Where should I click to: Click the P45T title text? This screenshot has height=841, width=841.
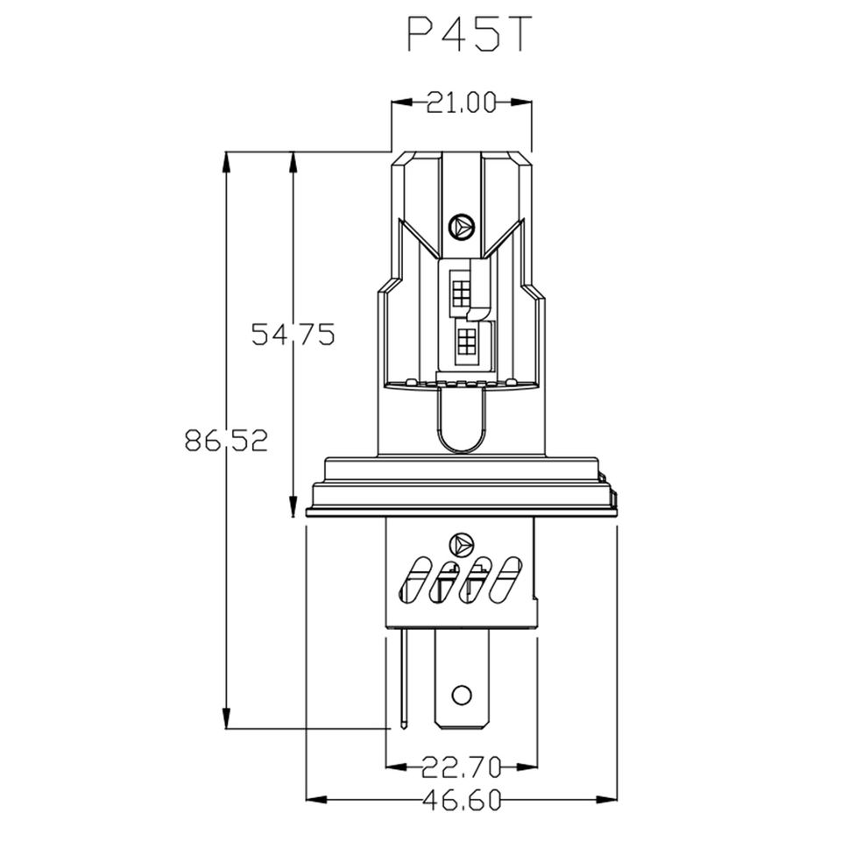click(x=470, y=34)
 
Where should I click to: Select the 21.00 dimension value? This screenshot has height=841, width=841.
click(x=462, y=103)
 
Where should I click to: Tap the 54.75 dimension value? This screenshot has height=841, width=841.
click(x=293, y=334)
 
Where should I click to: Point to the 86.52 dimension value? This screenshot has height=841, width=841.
click(x=226, y=441)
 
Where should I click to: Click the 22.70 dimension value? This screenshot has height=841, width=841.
click(x=461, y=767)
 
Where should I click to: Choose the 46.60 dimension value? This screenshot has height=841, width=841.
click(x=462, y=800)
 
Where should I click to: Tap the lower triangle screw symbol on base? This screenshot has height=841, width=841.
click(x=461, y=546)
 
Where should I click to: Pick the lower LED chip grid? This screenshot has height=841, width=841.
click(x=467, y=341)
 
